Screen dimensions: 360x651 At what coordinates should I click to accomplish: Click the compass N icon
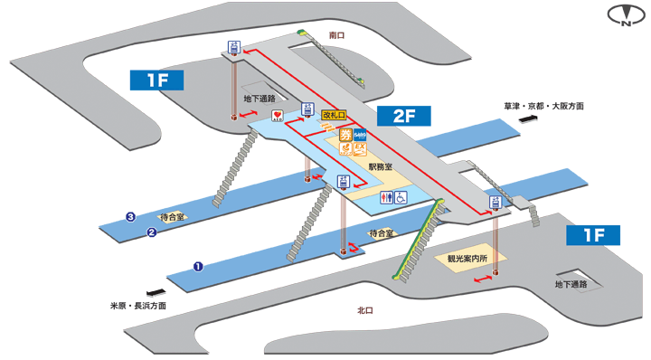tap(625, 17)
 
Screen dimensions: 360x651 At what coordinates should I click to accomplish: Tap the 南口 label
tap(337, 34)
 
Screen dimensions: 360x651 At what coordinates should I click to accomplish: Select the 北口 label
tap(365, 311)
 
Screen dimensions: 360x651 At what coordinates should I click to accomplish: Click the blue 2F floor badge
tap(404, 117)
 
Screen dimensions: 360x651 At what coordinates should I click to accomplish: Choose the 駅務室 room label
tap(380, 166)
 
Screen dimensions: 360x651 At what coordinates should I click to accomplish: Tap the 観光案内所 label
tap(467, 258)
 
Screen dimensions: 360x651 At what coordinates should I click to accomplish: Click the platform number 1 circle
tap(197, 266)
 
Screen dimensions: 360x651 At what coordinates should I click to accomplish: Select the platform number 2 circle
tap(152, 232)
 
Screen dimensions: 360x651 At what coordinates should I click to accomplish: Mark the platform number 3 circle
tap(131, 217)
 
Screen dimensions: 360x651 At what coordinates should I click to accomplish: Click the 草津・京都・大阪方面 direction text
tap(544, 106)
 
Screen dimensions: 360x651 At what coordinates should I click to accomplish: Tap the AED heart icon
tap(278, 116)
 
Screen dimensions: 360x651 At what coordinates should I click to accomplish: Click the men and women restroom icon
tap(385, 197)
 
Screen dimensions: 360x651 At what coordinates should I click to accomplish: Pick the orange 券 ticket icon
tap(344, 136)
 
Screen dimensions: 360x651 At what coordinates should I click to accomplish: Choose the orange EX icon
tap(359, 147)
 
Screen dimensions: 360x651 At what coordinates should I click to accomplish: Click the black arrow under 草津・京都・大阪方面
tap(526, 118)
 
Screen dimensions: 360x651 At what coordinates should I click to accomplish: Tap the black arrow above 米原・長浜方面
tap(156, 292)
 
